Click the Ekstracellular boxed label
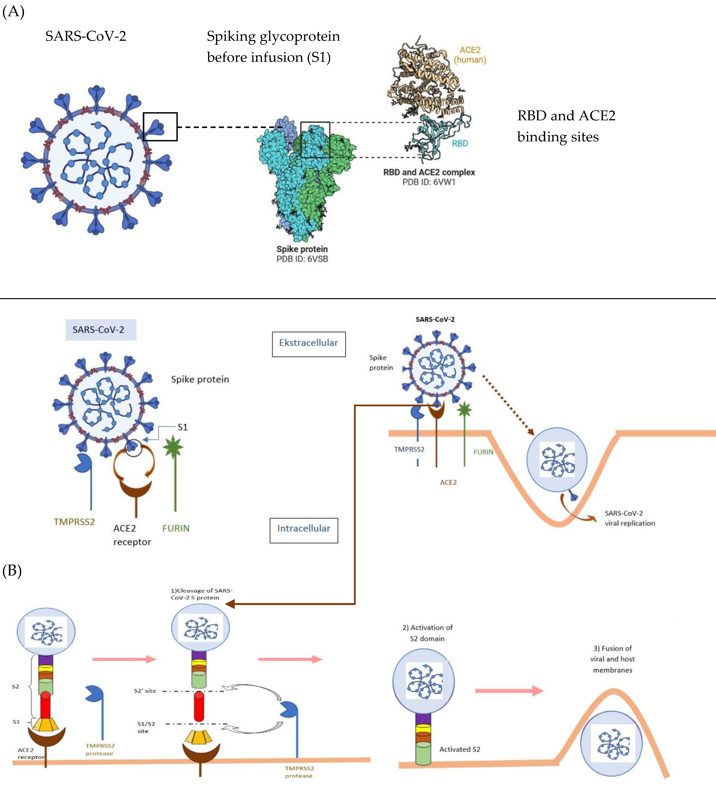[309, 343]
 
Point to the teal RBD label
[460, 143]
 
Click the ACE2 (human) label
[470, 55]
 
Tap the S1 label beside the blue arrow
[182, 427]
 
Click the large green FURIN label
[176, 528]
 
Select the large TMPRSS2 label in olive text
[74, 522]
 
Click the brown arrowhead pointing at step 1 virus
[231, 604]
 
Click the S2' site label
[145, 691]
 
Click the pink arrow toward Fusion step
[509, 691]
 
